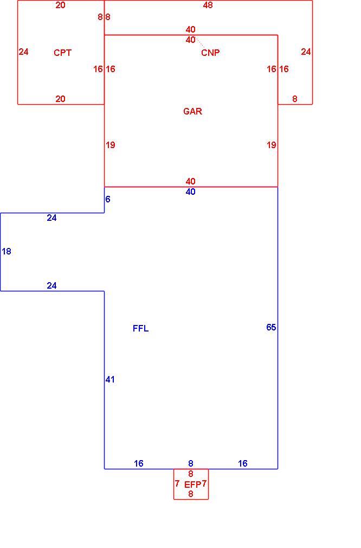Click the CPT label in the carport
click(x=62, y=53)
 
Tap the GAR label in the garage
click(x=193, y=111)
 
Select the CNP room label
click(x=210, y=53)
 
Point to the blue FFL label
click(x=141, y=328)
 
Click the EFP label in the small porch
click(x=193, y=485)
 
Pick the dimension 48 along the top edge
click(x=208, y=5)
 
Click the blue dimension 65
click(x=271, y=328)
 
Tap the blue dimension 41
click(x=110, y=380)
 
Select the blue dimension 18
click(x=7, y=252)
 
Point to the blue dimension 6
click(x=108, y=199)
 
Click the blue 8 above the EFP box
click(x=191, y=464)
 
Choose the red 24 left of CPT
click(x=23, y=52)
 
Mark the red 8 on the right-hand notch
click(x=295, y=99)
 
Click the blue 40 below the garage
click(x=191, y=192)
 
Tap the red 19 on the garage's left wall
click(x=111, y=145)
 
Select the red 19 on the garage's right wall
click(x=271, y=145)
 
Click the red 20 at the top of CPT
click(x=60, y=5)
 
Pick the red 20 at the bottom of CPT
click(x=60, y=99)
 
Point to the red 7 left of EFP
click(x=177, y=483)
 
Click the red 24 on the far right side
click(x=306, y=52)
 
